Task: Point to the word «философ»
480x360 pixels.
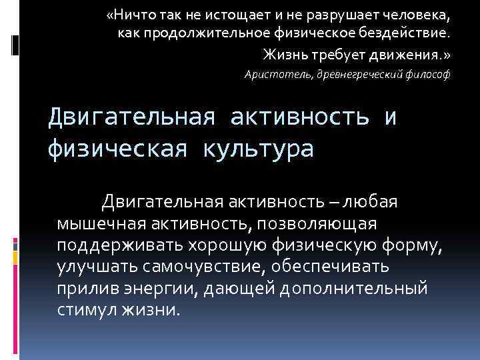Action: click(427, 75)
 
